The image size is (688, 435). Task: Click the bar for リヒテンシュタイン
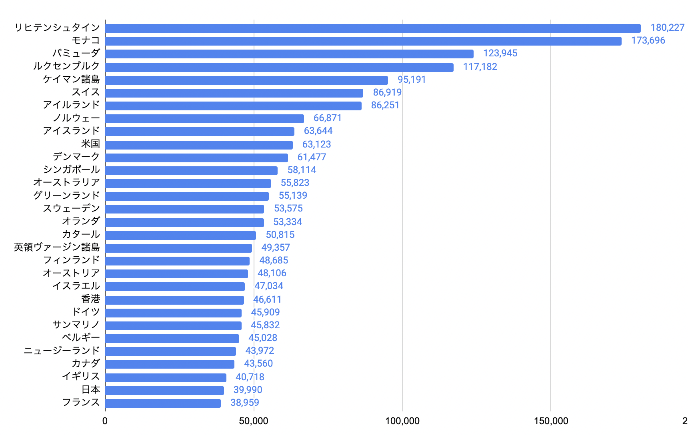(x=373, y=28)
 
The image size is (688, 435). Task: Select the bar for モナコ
(x=363, y=41)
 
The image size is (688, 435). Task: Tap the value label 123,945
(x=500, y=53)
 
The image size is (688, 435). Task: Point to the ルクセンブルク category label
(x=66, y=66)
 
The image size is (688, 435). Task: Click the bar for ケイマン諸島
(x=246, y=80)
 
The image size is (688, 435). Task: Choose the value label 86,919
(x=387, y=92)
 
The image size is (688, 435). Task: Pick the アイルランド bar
(x=233, y=106)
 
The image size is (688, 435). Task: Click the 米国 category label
(x=90, y=144)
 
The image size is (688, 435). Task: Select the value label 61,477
(x=312, y=157)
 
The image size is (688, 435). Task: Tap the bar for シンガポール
(x=191, y=170)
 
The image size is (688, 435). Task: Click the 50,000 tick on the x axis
(x=254, y=421)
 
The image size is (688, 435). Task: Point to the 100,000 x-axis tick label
(x=402, y=421)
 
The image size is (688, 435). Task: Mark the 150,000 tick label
(x=551, y=421)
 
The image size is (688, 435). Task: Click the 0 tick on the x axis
(x=105, y=421)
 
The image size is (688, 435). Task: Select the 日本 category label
(x=91, y=389)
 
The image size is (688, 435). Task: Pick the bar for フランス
(x=163, y=403)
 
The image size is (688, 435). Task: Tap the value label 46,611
(x=267, y=299)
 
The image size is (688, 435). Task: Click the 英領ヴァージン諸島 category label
(x=57, y=247)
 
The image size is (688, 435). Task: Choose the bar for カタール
(x=180, y=235)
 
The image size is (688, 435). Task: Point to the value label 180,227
(x=667, y=28)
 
